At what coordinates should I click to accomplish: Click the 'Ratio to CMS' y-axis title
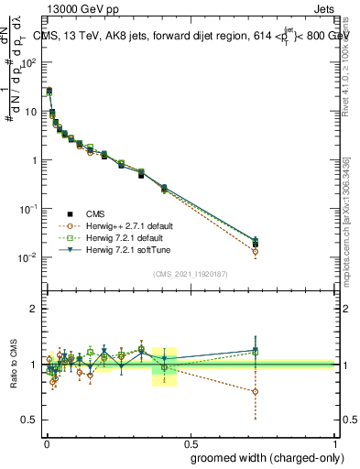(x=15, y=364)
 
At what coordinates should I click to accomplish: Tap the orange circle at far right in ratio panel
(x=255, y=391)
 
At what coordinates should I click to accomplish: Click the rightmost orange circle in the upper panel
(x=255, y=251)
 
